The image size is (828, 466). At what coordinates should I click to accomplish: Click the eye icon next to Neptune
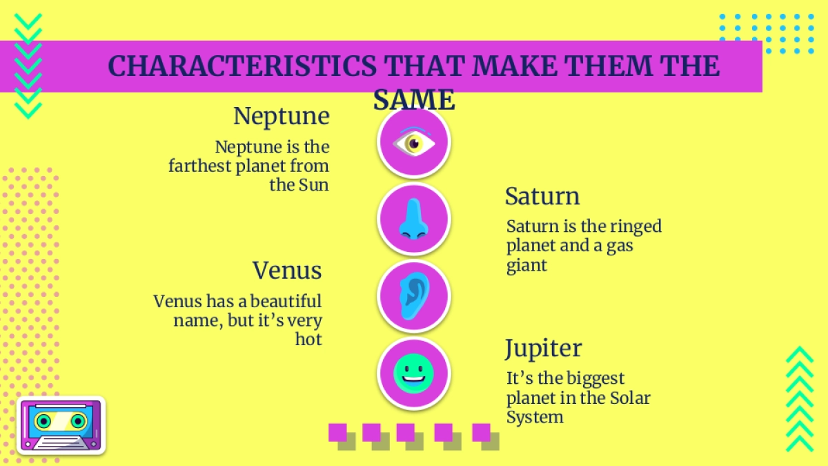click(x=414, y=142)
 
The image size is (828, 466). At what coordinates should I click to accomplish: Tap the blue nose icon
click(x=414, y=219)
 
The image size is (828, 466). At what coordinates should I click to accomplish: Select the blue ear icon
click(x=415, y=296)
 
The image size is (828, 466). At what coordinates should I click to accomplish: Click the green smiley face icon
click(x=413, y=373)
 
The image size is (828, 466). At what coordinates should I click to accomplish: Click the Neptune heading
click(x=282, y=116)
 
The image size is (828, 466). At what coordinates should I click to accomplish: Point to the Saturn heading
click(x=542, y=196)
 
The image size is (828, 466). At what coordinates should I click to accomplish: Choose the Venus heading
click(x=287, y=271)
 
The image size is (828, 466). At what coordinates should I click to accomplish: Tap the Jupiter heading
click(x=544, y=349)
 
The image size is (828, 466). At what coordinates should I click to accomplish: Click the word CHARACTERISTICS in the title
click(x=242, y=66)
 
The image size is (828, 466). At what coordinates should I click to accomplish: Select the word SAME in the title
click(x=414, y=100)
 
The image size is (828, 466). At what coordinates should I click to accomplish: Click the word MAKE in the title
click(x=515, y=66)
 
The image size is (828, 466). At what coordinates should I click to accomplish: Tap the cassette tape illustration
click(x=61, y=426)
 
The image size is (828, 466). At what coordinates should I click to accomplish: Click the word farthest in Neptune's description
click(x=200, y=166)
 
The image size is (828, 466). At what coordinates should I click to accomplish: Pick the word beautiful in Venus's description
click(x=286, y=301)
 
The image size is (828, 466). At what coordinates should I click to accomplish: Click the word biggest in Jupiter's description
click(x=595, y=379)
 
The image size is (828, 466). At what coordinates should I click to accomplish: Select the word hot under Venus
click(x=308, y=339)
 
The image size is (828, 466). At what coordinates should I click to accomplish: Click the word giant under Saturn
click(x=526, y=266)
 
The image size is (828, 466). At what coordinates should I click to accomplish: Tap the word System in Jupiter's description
click(x=535, y=417)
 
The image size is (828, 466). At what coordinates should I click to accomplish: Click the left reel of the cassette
click(x=43, y=421)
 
